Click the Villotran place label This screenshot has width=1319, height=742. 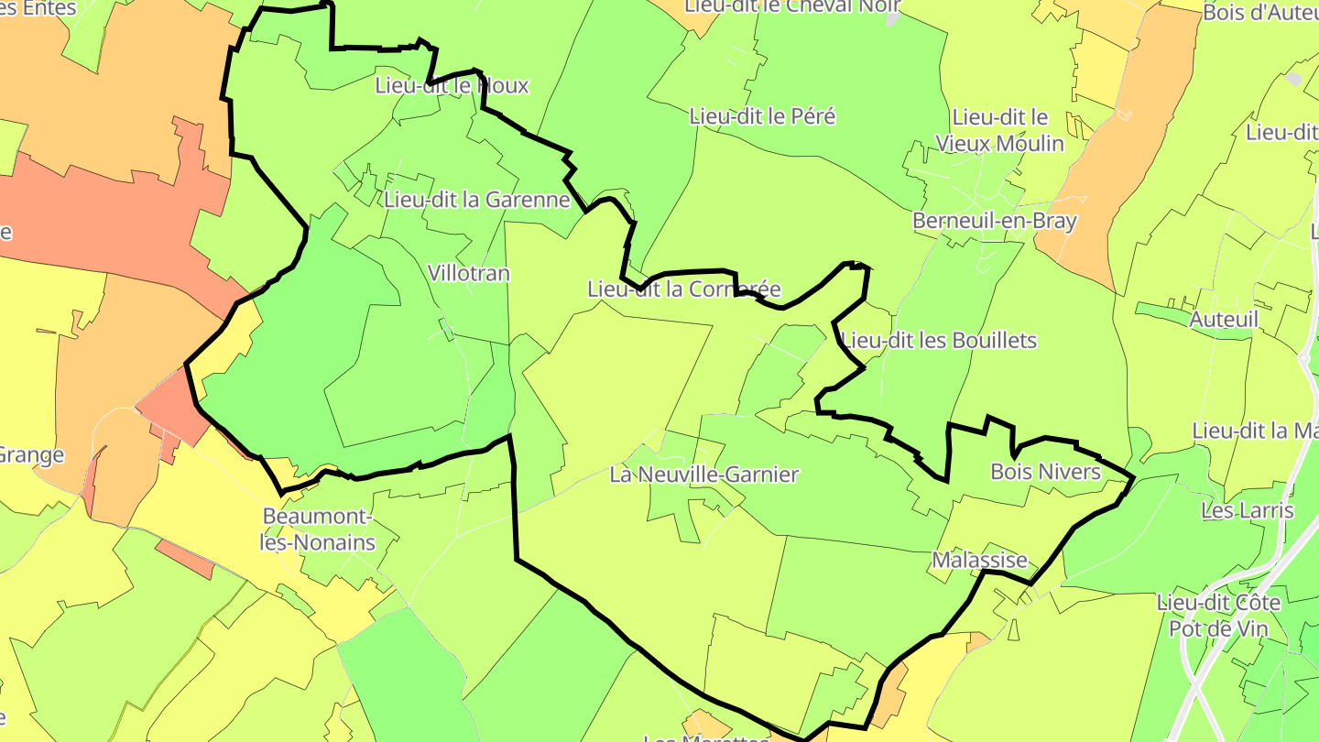[x=469, y=273]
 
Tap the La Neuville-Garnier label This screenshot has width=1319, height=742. [x=704, y=475]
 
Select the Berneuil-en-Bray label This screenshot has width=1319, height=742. [x=995, y=221]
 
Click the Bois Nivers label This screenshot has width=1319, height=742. [x=1045, y=472]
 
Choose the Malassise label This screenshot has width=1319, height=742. [x=979, y=560]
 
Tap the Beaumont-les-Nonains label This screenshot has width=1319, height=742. [x=318, y=529]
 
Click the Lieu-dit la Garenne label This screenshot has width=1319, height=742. [x=477, y=200]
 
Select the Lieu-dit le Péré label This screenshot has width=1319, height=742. [x=762, y=116]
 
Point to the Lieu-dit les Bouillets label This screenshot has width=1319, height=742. [x=939, y=341]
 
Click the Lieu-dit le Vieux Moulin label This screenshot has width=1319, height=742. [x=999, y=130]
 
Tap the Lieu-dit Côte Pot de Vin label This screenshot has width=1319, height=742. [x=1218, y=616]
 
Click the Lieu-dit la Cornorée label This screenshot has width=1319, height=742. [x=684, y=289]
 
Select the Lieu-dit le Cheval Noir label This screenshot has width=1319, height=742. [x=792, y=5]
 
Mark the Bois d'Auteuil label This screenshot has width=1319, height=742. [x=1259, y=12]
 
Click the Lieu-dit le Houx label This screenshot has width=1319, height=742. [x=452, y=86]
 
